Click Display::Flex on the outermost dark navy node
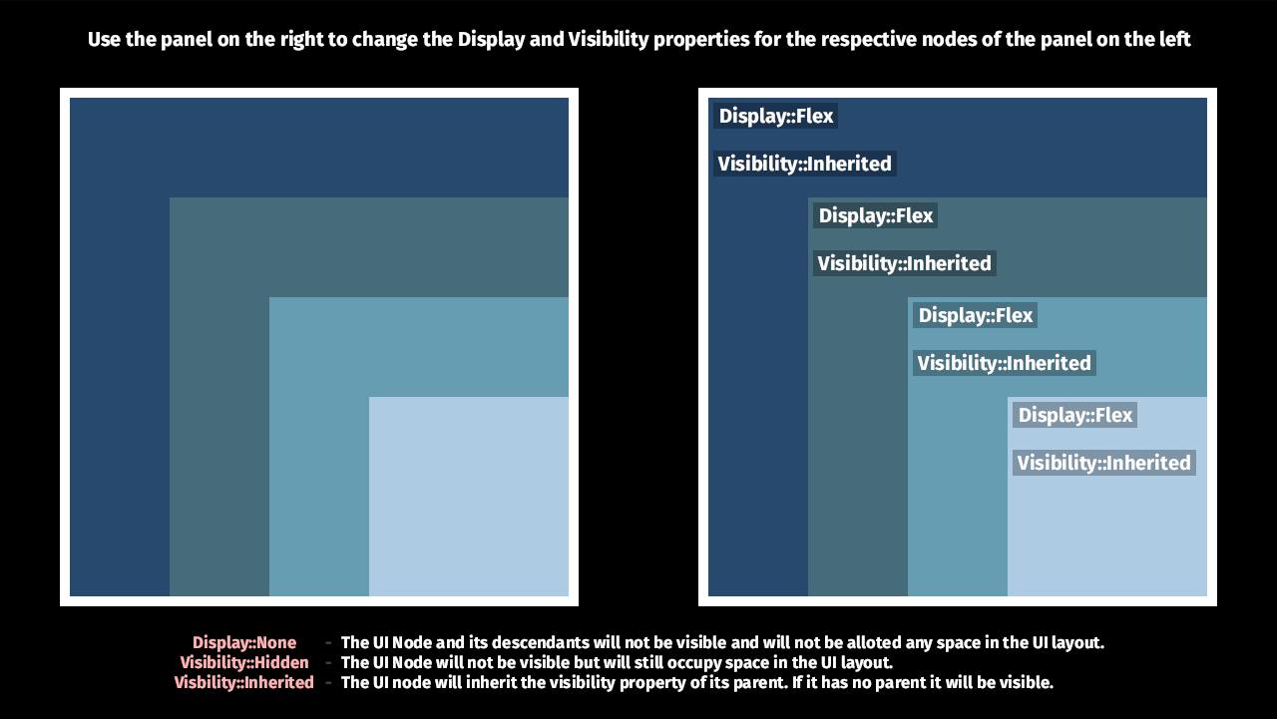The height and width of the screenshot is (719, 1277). tap(775, 116)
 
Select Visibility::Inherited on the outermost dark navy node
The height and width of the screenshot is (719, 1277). tap(804, 164)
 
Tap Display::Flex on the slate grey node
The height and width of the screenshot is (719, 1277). tap(875, 215)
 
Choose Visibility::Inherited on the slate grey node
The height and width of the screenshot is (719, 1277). tap(904, 263)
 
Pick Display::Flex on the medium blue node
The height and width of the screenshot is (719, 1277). tap(975, 315)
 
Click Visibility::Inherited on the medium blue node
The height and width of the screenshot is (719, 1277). tap(1004, 363)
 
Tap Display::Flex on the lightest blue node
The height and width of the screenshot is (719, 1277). tap(1074, 415)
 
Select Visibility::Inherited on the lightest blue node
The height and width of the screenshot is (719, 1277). tap(1103, 463)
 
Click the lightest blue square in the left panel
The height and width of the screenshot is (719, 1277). tap(469, 497)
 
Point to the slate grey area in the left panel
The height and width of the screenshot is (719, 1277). tap(219, 399)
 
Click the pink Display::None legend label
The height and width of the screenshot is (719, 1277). tap(244, 643)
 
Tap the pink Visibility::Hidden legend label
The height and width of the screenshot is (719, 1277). tap(244, 662)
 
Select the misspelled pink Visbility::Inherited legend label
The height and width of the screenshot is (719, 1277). tap(244, 682)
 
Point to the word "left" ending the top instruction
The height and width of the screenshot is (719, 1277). tap(1174, 40)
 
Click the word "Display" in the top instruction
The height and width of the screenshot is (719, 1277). tap(490, 40)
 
